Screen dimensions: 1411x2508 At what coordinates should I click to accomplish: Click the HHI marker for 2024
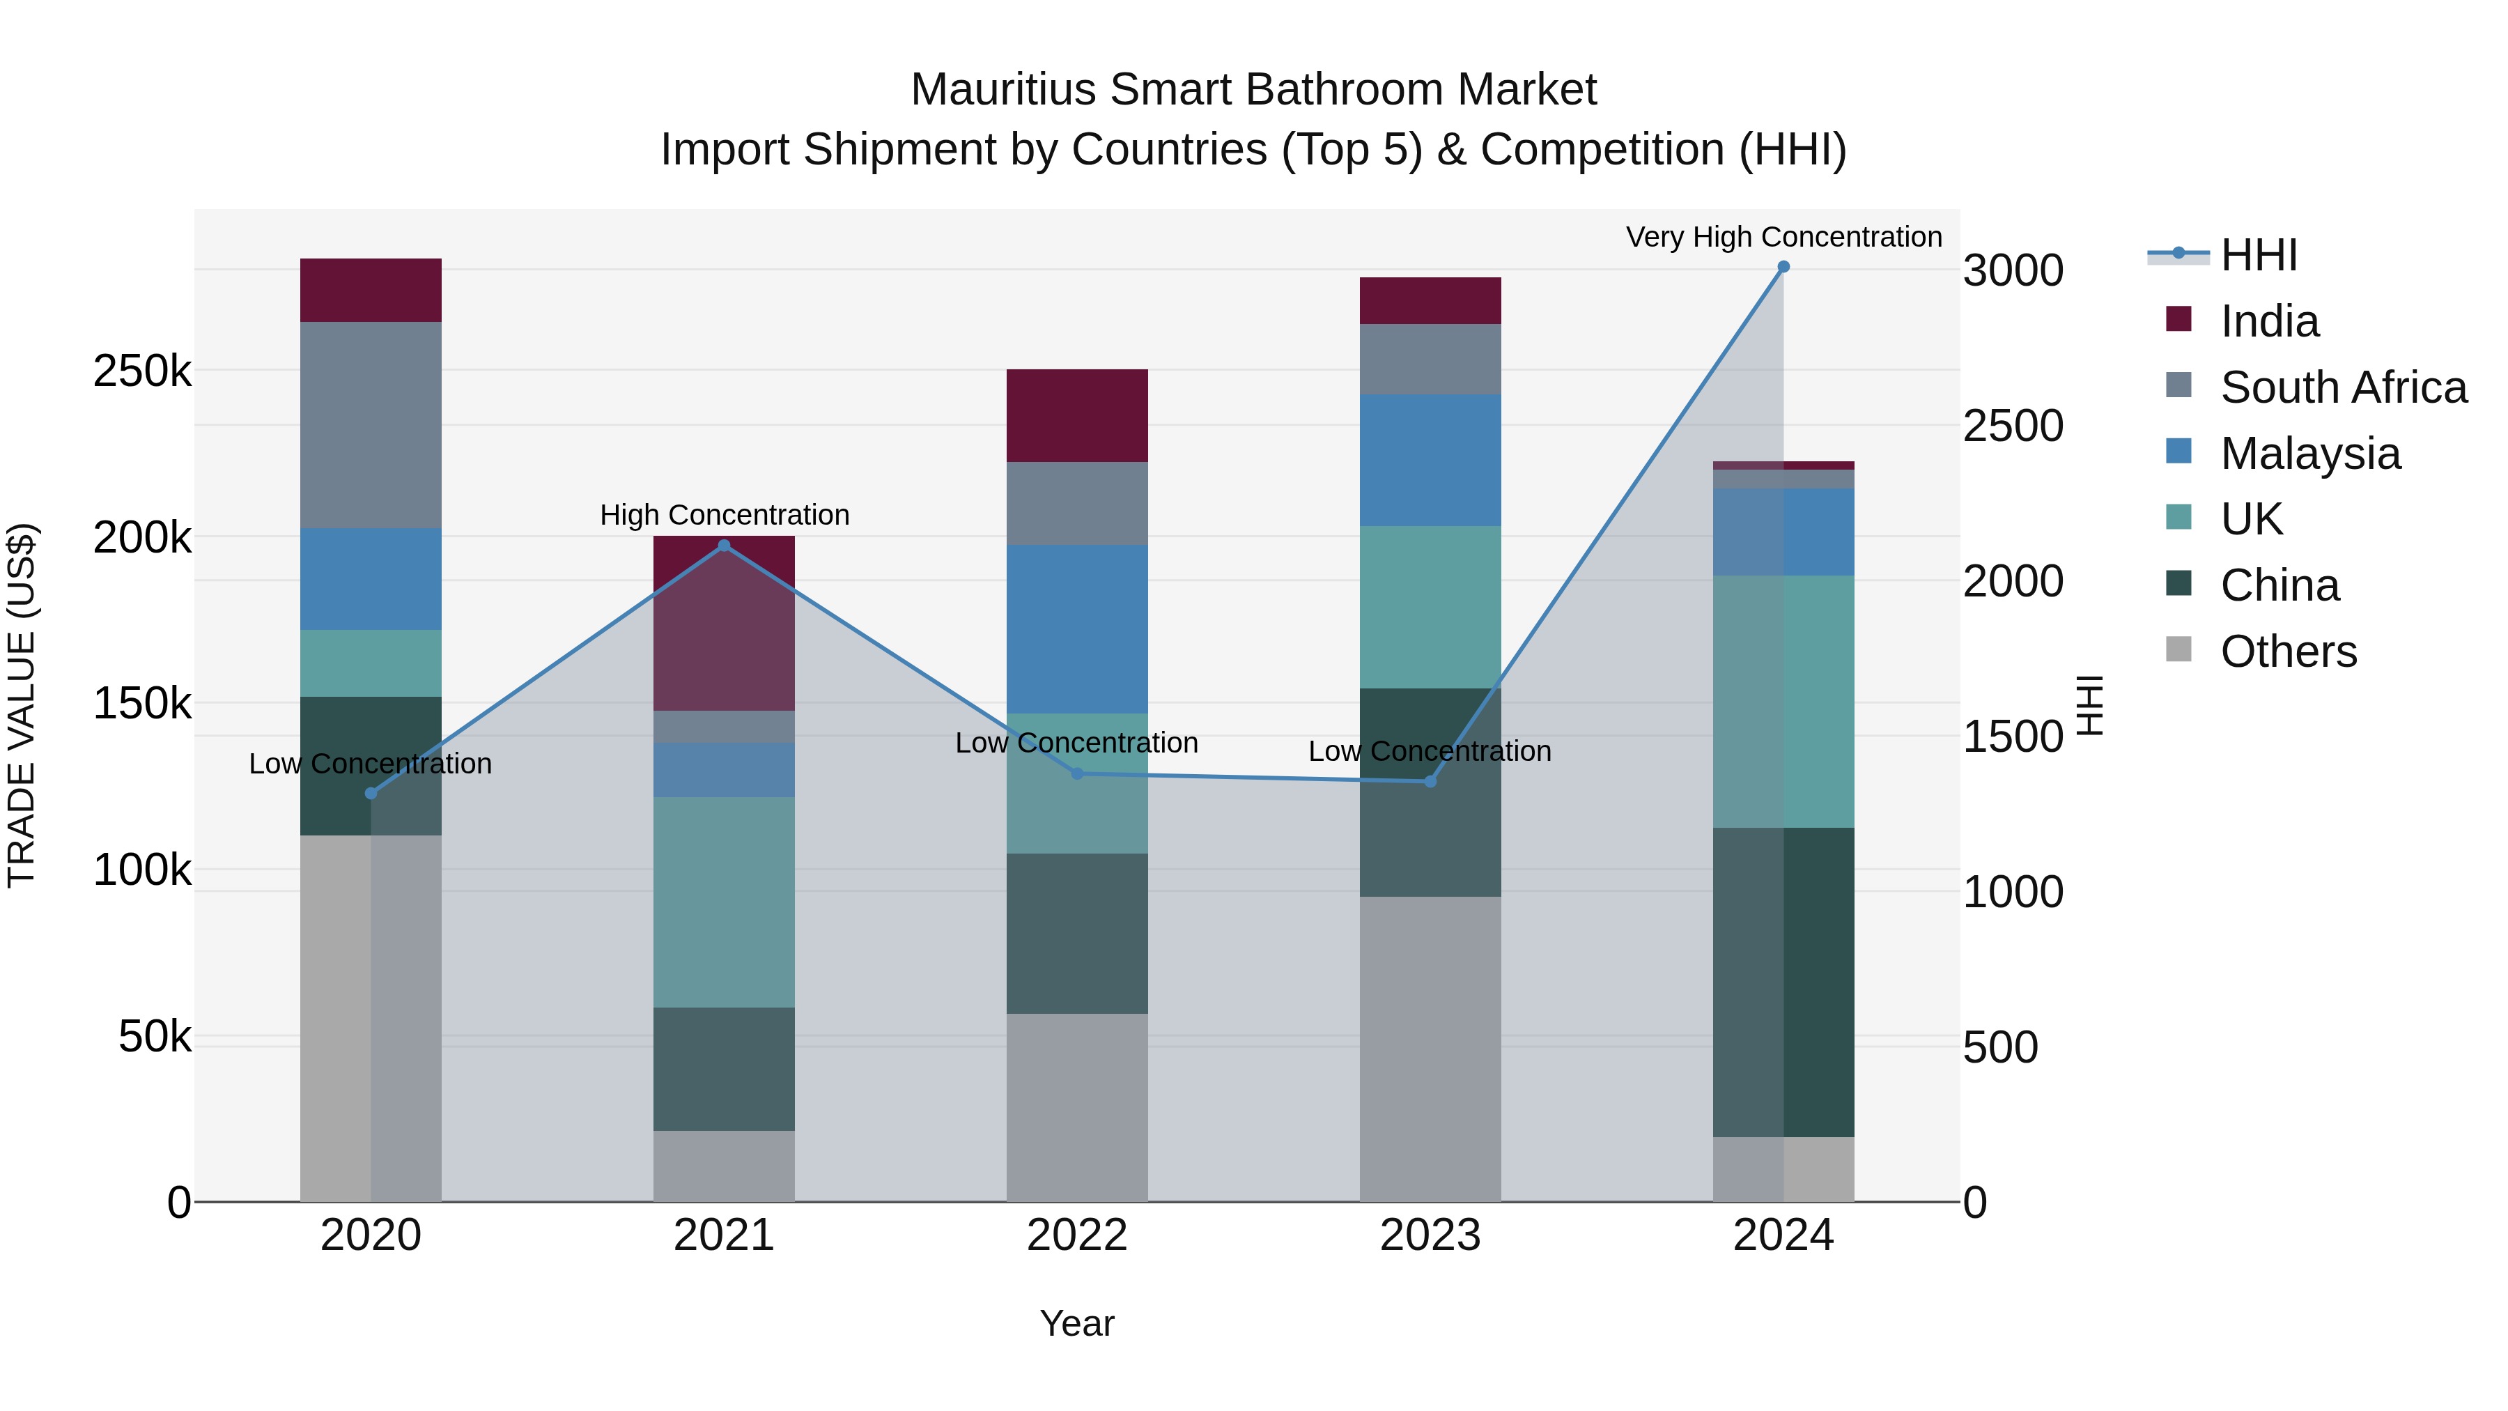point(1783,267)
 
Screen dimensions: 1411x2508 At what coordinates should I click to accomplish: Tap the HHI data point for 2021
point(723,546)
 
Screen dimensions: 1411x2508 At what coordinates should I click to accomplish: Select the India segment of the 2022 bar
point(1077,416)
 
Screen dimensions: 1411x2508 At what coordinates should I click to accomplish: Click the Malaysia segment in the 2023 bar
point(1430,460)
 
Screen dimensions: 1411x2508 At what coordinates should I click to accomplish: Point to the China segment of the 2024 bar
point(1783,982)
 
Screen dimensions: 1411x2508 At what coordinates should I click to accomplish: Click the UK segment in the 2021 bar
point(723,902)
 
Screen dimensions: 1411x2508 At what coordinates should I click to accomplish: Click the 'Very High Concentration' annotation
point(1783,237)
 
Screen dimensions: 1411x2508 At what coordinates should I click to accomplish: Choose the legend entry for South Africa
point(2342,387)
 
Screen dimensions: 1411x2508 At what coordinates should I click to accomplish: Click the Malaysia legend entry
point(2309,454)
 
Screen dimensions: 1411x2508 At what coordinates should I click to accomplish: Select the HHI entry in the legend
point(2259,255)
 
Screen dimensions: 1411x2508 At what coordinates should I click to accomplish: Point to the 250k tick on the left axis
point(142,371)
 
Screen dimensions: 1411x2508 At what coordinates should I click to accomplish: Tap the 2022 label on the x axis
point(1077,1235)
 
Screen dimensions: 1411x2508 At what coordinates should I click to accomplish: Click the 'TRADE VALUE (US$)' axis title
point(22,705)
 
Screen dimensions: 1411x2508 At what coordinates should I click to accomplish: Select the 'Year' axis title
point(1077,1323)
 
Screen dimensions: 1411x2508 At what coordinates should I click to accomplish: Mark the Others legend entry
point(2288,651)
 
